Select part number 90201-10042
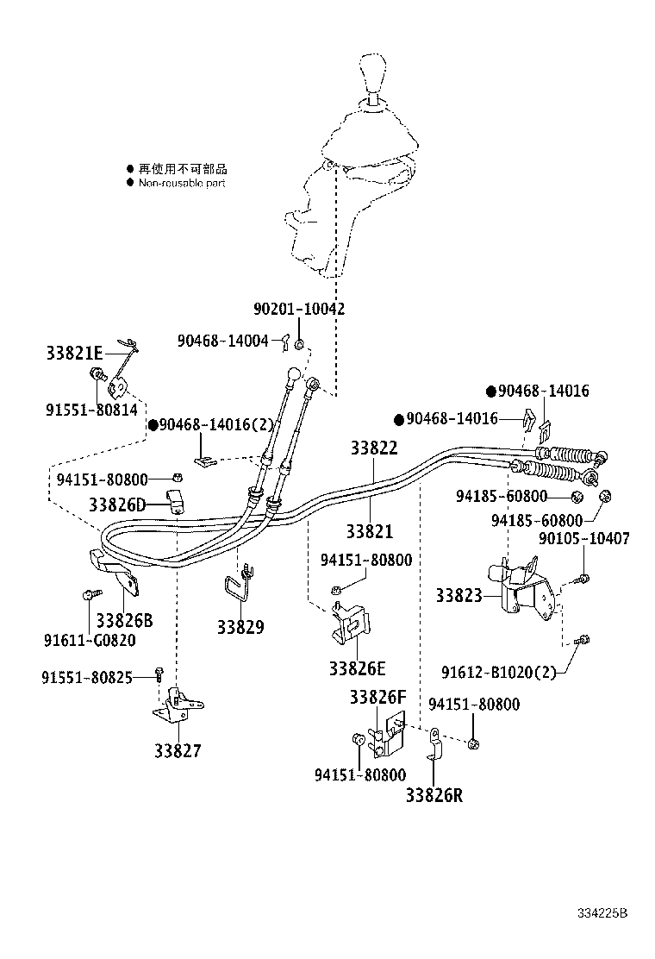pos(299,308)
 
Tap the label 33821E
pos(74,353)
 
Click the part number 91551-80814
pos(91,411)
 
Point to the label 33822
pos(374,448)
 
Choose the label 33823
pos(458,594)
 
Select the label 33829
pos(240,627)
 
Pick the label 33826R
pos(434,795)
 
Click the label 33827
pos(178,751)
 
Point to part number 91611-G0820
pos(90,640)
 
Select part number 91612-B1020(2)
pos(510,672)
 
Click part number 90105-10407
pos(583,538)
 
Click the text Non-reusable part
pos(182,183)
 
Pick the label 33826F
pos(377,697)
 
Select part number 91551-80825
pos(86,677)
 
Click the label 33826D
pos(117,504)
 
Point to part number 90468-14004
pos(223,340)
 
